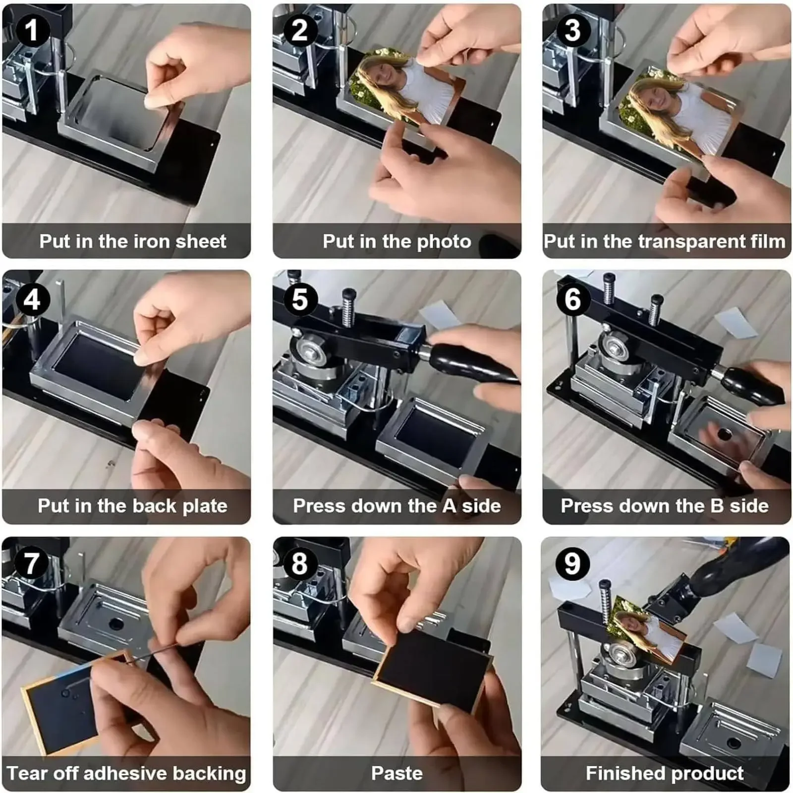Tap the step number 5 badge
point(300,299)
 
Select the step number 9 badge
point(572,564)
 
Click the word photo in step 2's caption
point(444,242)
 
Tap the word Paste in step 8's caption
point(396,773)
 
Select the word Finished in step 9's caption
point(619,773)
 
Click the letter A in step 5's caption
point(449,506)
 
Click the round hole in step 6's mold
point(724,435)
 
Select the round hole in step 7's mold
point(116,623)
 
